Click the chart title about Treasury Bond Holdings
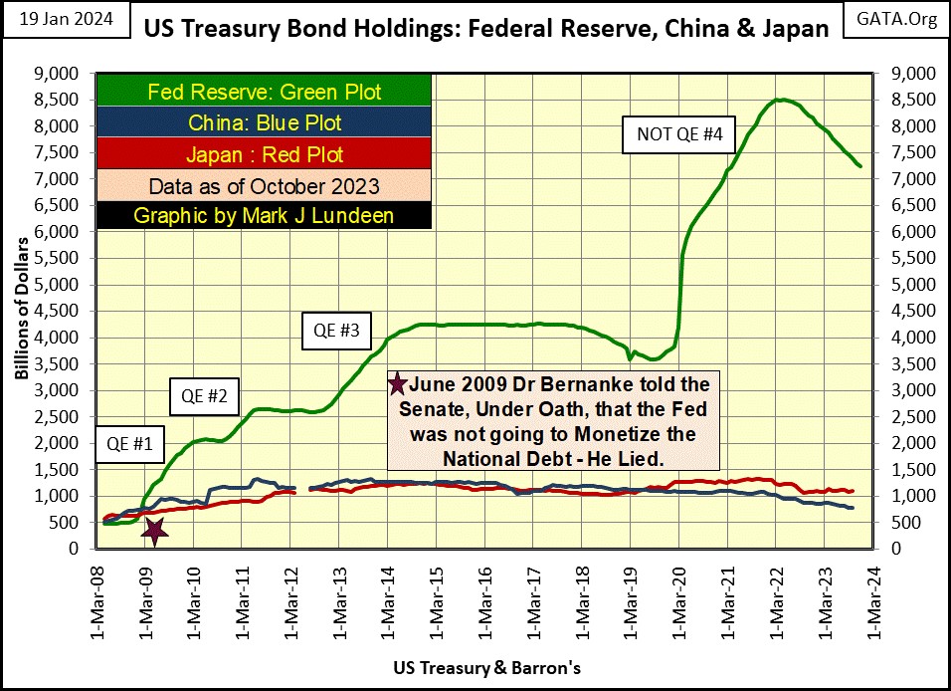[x=486, y=28]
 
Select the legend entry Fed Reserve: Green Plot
[x=265, y=93]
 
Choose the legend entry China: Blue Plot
[x=265, y=123]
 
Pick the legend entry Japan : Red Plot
[x=265, y=154]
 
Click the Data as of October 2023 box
[x=265, y=185]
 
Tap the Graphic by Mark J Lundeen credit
[x=265, y=215]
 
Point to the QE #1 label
[x=129, y=445]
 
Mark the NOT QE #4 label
[x=671, y=134]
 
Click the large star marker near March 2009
[x=153, y=530]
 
